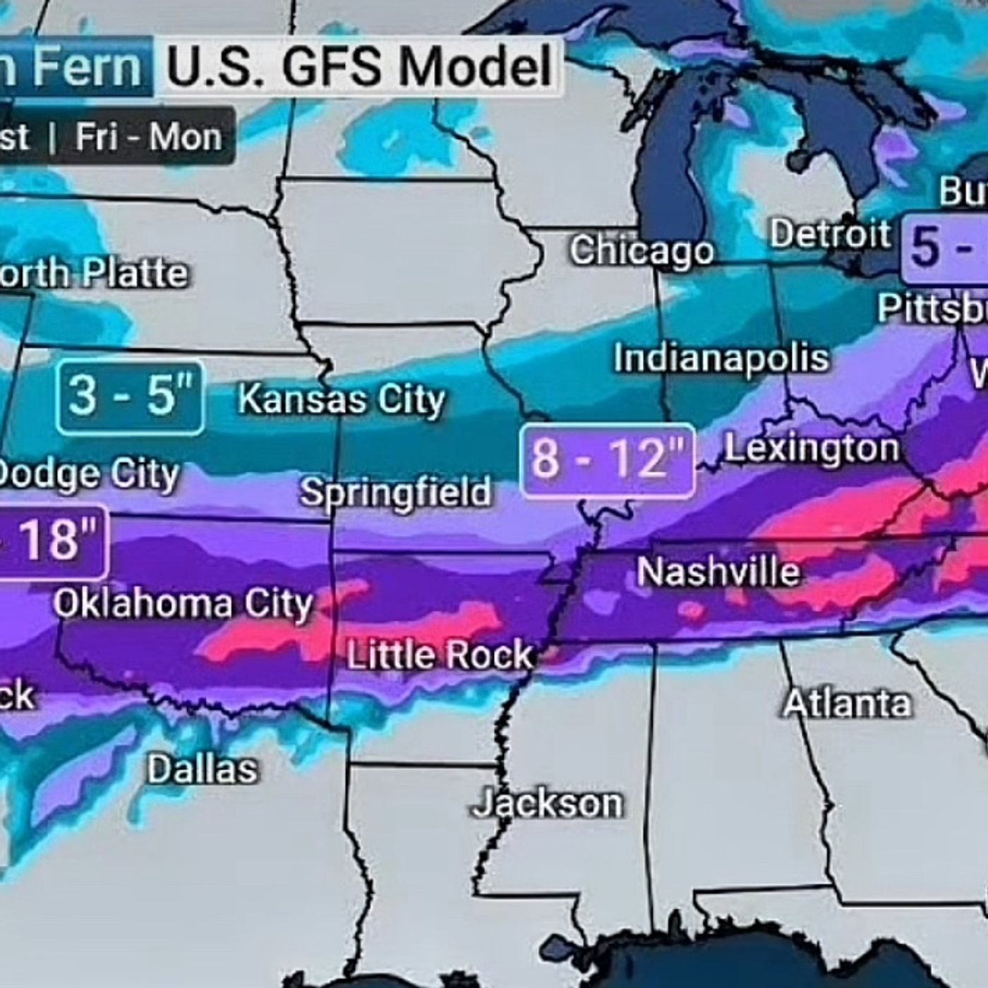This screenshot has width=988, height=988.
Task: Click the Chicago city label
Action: point(641,251)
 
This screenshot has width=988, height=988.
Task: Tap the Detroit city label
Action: point(830,234)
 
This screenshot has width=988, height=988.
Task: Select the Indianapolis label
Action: point(721,358)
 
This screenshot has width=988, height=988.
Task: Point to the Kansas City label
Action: point(342,399)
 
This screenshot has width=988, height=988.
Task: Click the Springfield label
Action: point(395,492)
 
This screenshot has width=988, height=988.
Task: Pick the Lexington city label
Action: point(812,449)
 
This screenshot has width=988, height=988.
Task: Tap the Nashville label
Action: point(718,572)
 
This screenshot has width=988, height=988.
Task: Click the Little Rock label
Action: point(440,656)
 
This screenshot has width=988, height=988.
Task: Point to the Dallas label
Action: point(202,769)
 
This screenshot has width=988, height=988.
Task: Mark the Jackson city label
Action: point(548,804)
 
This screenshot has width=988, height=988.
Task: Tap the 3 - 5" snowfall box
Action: point(131,397)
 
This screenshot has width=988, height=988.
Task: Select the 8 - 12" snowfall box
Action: point(608,460)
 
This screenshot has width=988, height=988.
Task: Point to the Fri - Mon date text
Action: point(149,136)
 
